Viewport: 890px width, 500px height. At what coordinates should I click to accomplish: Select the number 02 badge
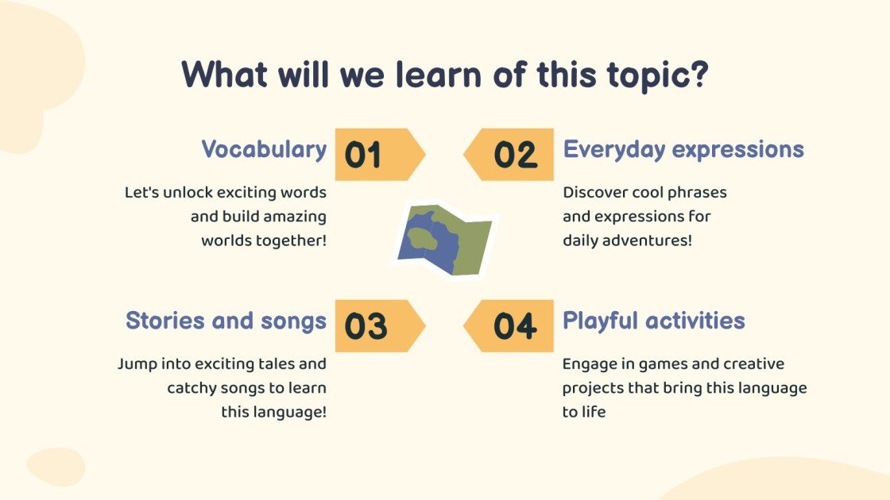coord(509,155)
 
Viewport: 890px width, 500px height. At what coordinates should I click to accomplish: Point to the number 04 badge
coord(509,326)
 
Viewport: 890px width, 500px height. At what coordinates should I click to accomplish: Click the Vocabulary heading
coord(264,150)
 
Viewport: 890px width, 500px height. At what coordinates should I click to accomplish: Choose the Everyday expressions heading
coord(683,150)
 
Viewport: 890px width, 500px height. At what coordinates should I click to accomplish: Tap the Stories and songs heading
coord(226,321)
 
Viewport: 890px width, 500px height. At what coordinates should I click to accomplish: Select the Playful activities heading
coord(653,321)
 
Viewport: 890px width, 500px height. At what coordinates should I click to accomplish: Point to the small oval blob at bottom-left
coord(56,467)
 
